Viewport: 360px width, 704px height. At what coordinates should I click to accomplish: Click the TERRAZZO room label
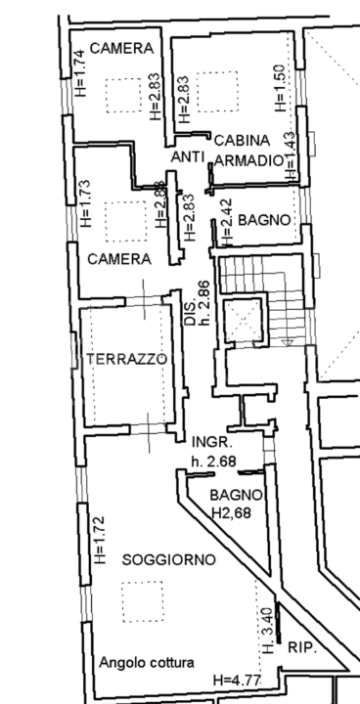126,359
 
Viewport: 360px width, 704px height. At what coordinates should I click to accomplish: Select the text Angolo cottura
146,662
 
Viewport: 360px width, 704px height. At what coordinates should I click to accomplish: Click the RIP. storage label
302,647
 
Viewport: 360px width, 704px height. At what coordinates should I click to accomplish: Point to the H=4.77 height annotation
237,680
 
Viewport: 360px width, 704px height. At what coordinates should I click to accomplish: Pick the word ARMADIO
248,159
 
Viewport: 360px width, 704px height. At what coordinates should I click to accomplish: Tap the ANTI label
187,156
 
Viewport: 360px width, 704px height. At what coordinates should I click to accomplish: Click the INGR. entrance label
209,441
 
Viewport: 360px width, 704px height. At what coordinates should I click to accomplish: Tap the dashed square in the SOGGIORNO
143,601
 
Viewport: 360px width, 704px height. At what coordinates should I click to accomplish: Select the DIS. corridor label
190,310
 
